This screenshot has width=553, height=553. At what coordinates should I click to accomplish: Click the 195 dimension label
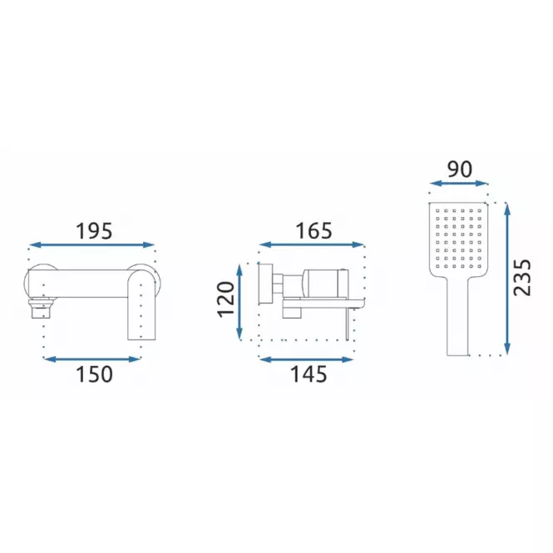point(94,231)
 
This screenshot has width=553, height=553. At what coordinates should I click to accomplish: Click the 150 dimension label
point(94,374)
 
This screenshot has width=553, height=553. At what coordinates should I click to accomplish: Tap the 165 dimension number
point(314,231)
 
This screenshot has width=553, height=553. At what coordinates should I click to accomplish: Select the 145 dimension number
point(309,374)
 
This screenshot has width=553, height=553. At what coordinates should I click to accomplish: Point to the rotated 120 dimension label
point(226,299)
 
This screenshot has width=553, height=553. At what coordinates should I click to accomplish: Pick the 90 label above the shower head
point(460,170)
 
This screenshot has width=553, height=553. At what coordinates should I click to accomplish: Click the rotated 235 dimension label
point(522,278)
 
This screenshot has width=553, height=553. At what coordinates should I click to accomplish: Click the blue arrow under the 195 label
point(92,244)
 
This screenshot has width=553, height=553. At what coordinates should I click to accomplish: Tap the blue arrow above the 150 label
point(92,359)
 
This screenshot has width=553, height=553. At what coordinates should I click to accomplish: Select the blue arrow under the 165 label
point(312,244)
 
